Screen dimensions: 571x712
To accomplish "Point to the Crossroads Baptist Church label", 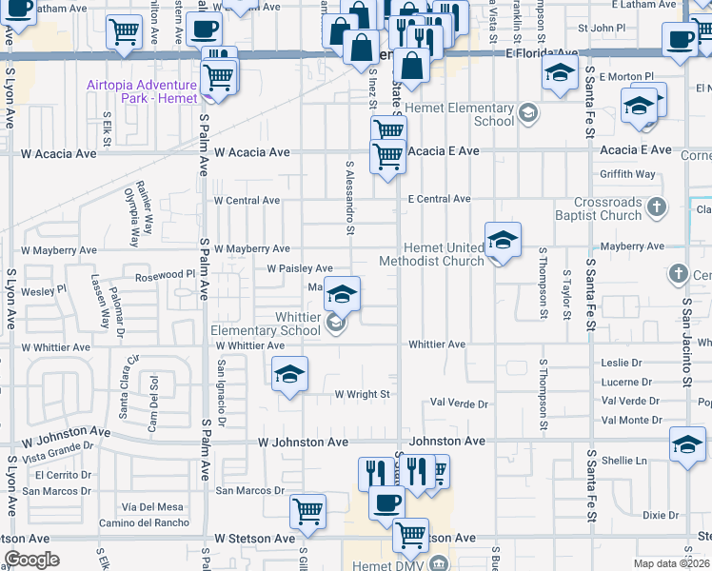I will click(x=608, y=209).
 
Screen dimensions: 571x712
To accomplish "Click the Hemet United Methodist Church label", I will click(x=431, y=254).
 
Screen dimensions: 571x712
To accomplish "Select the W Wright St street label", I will click(x=362, y=394).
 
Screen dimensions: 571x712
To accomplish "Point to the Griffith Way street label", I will click(x=627, y=174).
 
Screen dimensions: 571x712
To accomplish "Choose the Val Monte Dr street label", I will click(x=631, y=420).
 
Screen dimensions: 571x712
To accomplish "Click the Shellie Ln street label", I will click(x=623, y=461).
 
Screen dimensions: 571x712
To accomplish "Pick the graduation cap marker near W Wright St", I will click(x=290, y=372).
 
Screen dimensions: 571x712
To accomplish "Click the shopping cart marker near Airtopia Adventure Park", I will click(x=219, y=75).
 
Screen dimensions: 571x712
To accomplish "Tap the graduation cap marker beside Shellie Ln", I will click(x=687, y=444).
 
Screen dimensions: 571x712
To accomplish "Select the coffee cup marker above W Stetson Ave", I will click(x=386, y=502).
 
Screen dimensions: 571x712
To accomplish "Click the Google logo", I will click(x=31, y=560).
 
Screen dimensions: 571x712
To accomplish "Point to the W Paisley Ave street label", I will click(x=299, y=269).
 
